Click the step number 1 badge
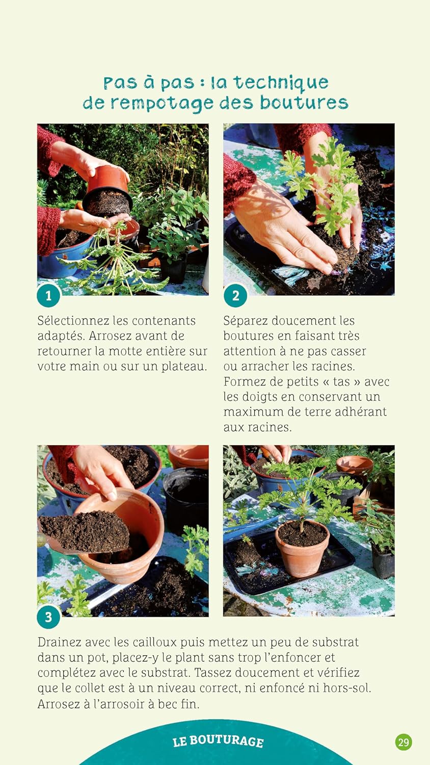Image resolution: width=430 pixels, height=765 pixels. (x=48, y=295)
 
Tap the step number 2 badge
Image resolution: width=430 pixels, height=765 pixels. (x=235, y=295)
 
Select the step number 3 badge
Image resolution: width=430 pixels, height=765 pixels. (x=48, y=617)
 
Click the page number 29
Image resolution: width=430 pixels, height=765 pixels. (x=404, y=742)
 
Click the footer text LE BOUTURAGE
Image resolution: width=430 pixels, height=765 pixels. (x=218, y=742)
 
